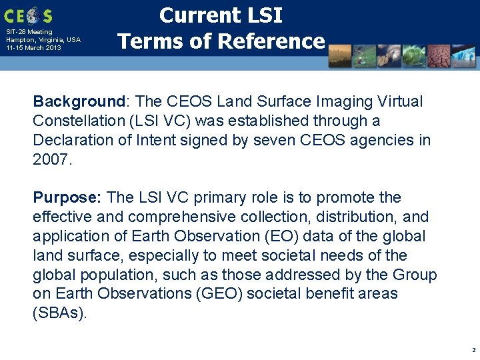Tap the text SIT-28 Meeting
coord(29,31)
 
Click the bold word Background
coord(79,102)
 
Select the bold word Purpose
coord(67,198)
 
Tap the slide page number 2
coord(473,350)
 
